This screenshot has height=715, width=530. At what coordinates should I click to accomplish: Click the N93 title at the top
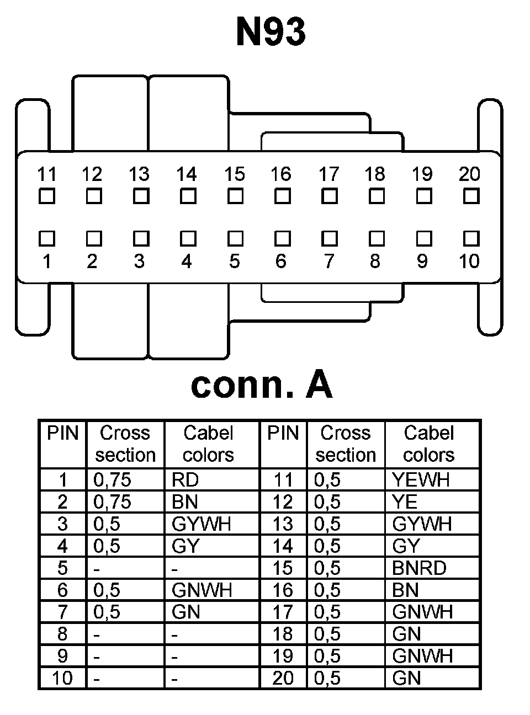(271, 32)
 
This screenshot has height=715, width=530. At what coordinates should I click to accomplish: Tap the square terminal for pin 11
(47, 196)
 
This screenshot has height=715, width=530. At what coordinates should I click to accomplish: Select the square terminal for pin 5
(235, 238)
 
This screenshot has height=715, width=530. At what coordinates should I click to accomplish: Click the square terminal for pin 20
(471, 196)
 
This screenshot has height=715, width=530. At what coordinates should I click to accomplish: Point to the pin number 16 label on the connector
(280, 174)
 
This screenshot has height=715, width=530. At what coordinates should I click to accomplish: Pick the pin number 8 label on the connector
(375, 260)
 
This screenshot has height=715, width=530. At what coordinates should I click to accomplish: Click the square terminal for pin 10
(471, 238)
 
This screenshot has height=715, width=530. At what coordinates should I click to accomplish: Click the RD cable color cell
(185, 480)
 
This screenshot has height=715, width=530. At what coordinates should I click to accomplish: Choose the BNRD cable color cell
(419, 568)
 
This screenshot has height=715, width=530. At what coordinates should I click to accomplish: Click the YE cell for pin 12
(405, 502)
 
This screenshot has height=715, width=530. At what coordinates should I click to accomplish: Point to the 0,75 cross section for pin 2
(112, 502)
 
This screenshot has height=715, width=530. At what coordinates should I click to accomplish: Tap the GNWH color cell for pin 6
(202, 590)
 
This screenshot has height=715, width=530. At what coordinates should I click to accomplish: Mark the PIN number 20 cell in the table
(283, 678)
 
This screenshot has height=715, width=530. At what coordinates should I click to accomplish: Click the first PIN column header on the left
(63, 434)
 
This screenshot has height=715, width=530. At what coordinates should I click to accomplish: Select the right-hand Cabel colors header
(429, 444)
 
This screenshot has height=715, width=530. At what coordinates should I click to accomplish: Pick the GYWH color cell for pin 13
(422, 524)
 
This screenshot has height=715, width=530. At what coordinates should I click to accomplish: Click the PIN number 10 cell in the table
(62, 678)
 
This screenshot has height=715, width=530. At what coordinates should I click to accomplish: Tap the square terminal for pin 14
(188, 196)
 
